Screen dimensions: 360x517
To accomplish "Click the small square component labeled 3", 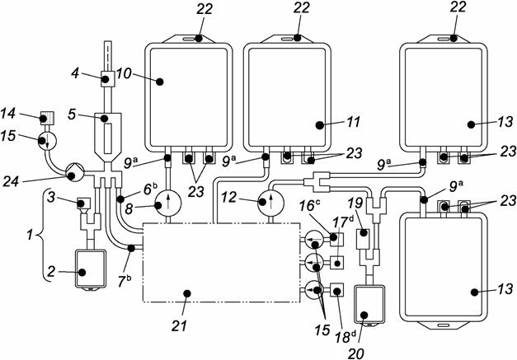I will click(82, 203).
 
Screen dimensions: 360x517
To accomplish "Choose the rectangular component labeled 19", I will click(362, 240).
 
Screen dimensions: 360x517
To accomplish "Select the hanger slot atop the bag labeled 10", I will click(191, 38).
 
